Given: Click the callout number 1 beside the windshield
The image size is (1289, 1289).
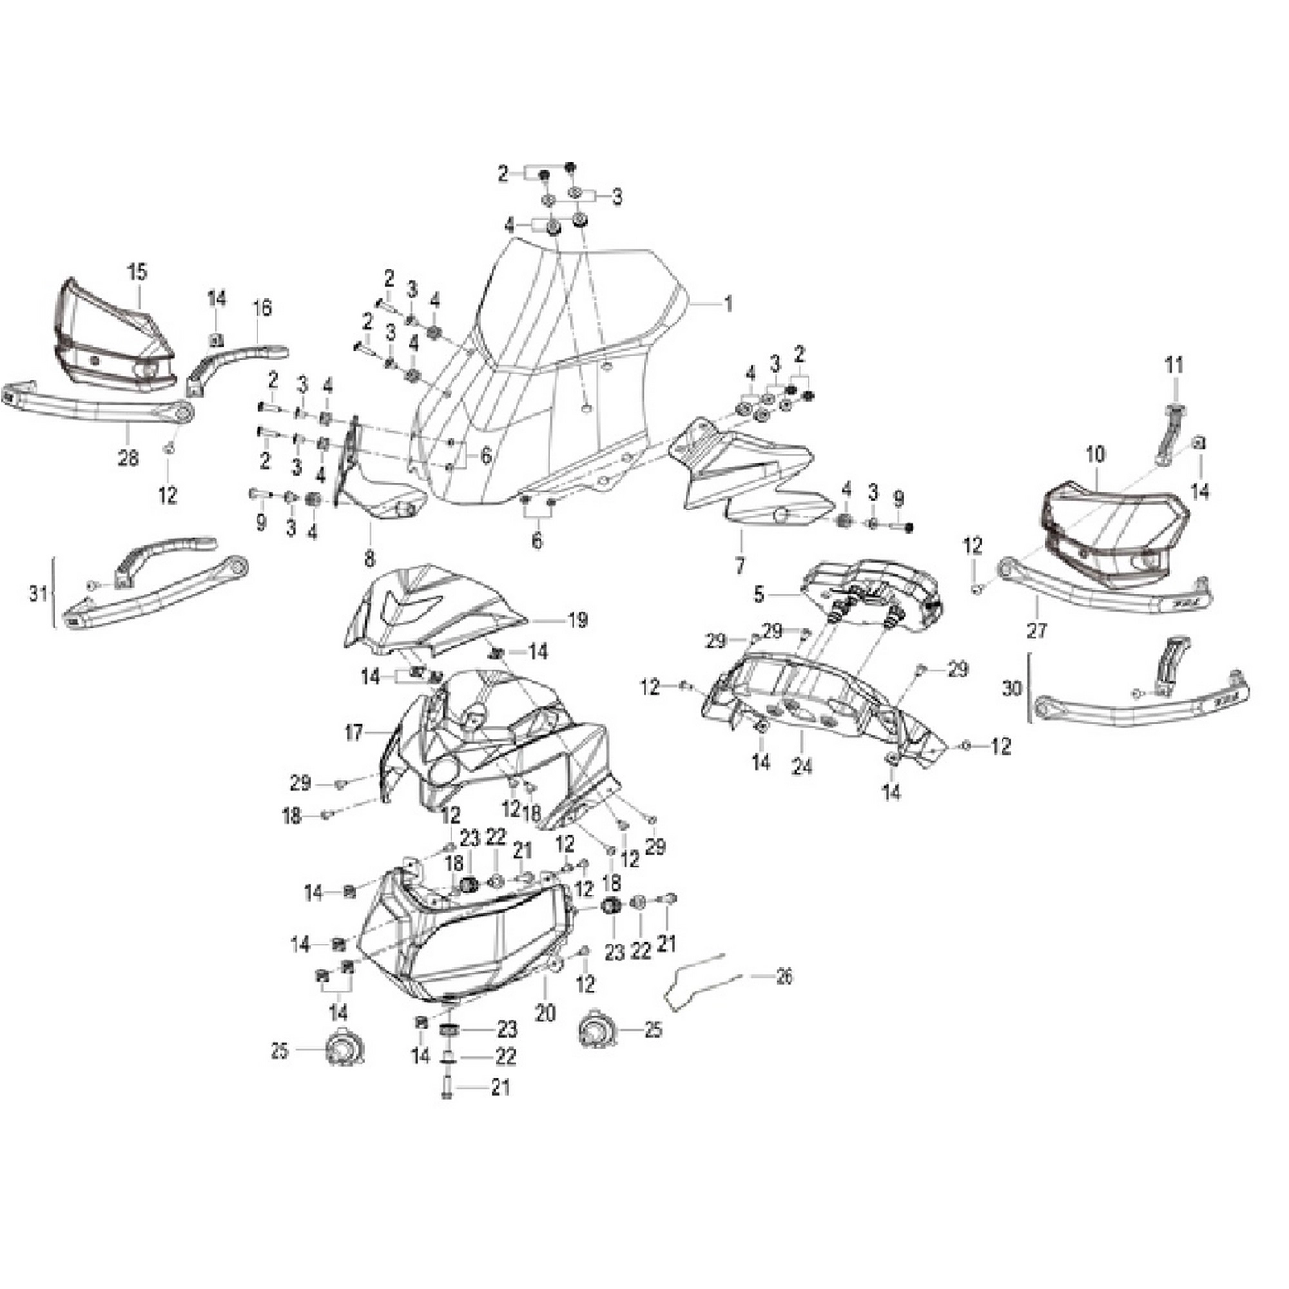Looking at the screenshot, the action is (728, 305).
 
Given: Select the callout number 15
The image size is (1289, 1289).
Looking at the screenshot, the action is (138, 272).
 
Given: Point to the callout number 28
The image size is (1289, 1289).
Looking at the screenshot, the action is (128, 458).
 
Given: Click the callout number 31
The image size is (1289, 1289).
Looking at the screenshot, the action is (39, 592).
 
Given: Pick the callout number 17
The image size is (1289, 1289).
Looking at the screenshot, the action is (355, 734).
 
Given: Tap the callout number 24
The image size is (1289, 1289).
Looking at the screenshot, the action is (802, 767).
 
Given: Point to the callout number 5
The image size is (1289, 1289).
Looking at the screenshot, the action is (759, 594).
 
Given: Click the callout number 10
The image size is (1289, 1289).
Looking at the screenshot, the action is (1096, 455).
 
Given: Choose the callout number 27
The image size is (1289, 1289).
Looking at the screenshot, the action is (1038, 630).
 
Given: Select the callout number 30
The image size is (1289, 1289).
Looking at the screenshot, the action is (1012, 688).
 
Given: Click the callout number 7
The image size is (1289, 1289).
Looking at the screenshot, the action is (739, 566).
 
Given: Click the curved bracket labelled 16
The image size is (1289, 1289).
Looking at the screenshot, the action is (233, 358).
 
